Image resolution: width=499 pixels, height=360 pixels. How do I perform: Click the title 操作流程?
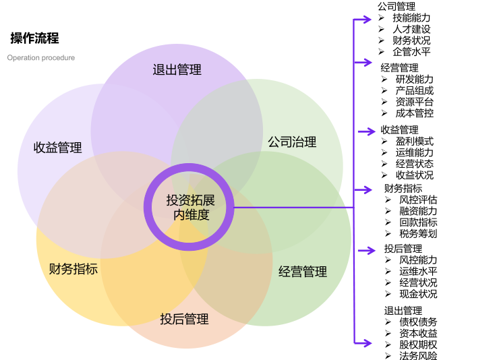[34, 38]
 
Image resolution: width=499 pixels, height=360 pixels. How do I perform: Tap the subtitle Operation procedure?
[41, 58]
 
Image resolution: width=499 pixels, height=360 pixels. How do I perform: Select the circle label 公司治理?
[292, 142]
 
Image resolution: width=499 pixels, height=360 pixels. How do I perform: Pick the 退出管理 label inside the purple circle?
[177, 69]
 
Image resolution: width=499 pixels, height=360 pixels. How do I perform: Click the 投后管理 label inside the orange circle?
[184, 319]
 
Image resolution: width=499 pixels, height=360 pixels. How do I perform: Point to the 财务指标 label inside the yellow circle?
[74, 269]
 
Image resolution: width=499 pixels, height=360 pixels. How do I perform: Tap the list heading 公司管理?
[396, 7]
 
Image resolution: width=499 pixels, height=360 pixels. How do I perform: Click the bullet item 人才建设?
[411, 29]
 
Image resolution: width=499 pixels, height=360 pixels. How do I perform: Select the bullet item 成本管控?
[415, 113]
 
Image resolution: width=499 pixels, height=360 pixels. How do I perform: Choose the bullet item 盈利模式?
[415, 142]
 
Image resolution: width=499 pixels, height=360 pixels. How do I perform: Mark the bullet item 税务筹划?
[418, 234]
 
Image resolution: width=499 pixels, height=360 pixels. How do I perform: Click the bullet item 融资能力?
[418, 211]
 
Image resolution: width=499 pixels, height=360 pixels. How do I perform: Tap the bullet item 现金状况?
[418, 294]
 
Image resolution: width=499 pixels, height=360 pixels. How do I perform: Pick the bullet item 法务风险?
[418, 356]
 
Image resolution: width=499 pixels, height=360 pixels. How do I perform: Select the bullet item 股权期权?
[418, 344]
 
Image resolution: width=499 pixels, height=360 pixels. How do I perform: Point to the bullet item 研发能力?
[415, 79]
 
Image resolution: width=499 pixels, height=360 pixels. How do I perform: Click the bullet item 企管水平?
[411, 52]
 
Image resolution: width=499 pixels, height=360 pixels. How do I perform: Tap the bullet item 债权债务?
[418, 322]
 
